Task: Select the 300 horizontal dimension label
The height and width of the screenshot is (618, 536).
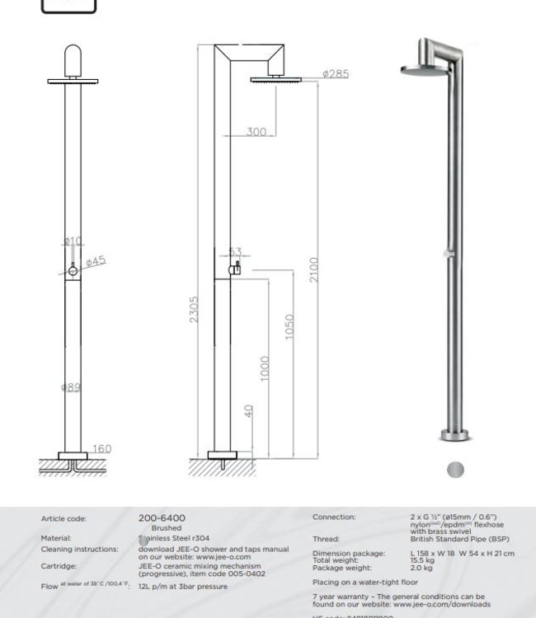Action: click(256, 132)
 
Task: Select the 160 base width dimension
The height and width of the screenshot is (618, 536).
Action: click(101, 449)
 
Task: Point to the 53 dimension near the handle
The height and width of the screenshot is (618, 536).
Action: click(235, 253)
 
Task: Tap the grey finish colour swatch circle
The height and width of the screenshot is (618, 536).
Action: click(454, 470)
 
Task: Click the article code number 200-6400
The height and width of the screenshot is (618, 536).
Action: click(162, 518)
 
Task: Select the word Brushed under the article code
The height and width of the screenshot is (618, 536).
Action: click(167, 528)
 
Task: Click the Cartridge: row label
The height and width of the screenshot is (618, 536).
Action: click(59, 566)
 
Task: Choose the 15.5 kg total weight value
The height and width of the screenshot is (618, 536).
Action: click(423, 559)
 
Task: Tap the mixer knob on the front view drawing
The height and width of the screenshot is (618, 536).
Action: click(73, 269)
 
